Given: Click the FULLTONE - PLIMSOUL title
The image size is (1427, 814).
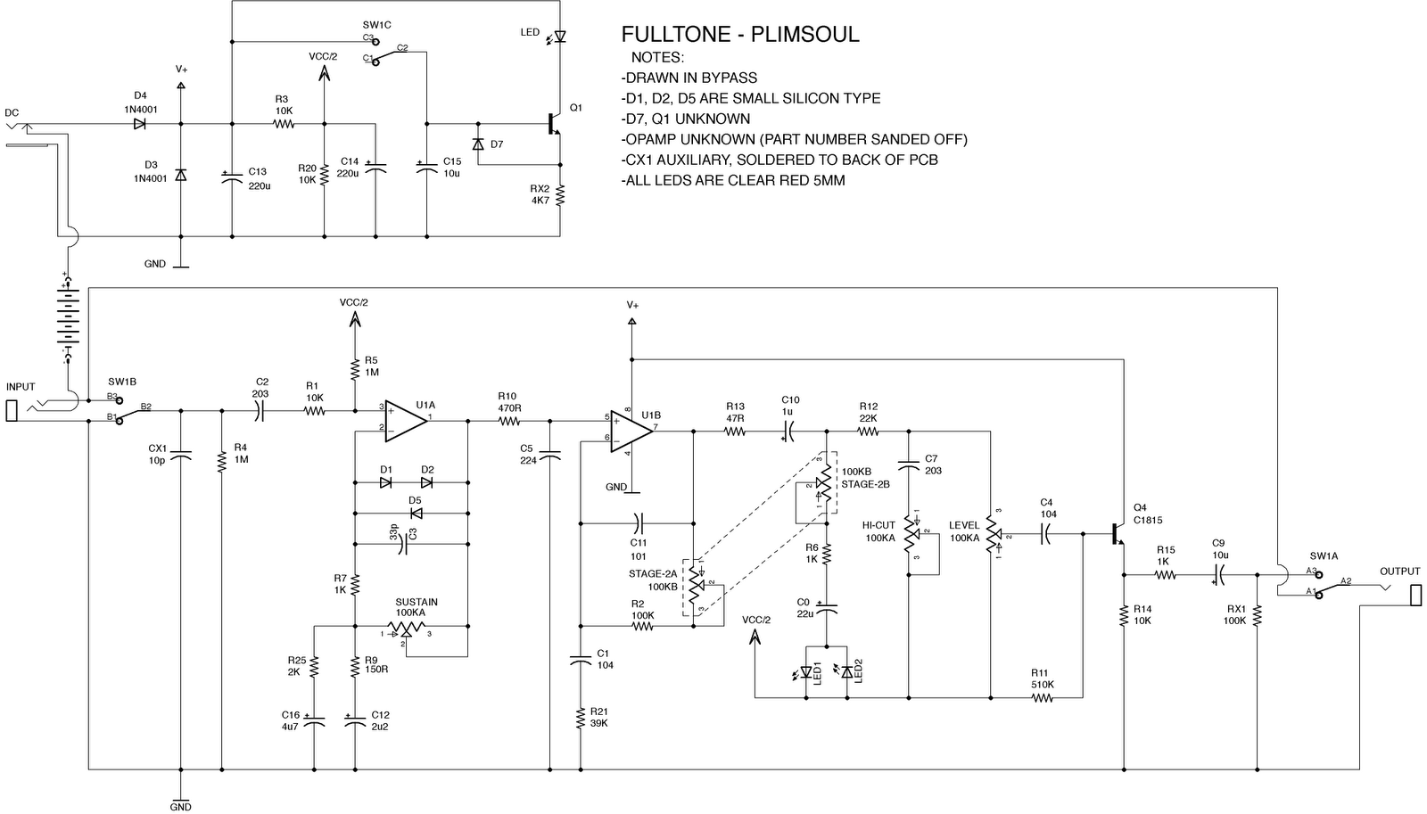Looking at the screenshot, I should pyautogui.click(x=739, y=36).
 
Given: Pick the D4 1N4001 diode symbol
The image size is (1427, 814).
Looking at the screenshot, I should pyautogui.click(x=140, y=124).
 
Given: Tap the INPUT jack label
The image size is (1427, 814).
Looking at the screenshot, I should pyautogui.click(x=21, y=387).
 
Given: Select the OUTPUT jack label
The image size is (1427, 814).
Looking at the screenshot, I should pyautogui.click(x=1399, y=571).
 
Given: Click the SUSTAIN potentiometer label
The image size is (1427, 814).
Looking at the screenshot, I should pyautogui.click(x=417, y=602).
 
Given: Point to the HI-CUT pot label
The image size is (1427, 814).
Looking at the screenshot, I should pyautogui.click(x=878, y=526).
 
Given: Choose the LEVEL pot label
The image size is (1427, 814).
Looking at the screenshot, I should pyautogui.click(x=964, y=526).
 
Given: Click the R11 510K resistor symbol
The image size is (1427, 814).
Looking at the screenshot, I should pyautogui.click(x=1041, y=698).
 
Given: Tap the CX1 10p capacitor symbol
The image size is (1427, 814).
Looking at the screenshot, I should pyautogui.click(x=180, y=456).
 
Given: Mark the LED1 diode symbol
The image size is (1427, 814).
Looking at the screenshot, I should pyautogui.click(x=807, y=671).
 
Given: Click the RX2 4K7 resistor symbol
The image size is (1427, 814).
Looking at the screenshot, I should pyautogui.click(x=560, y=195).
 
